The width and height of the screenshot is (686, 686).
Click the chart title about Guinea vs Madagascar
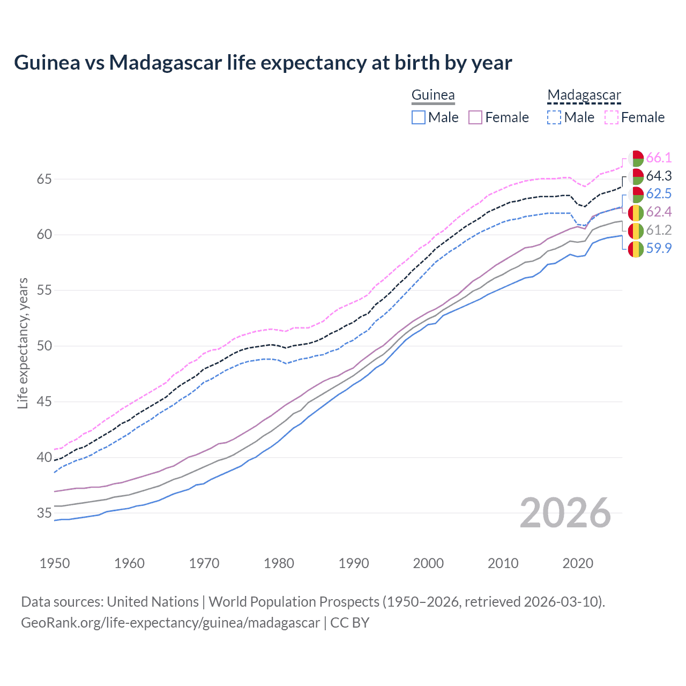pos(263,63)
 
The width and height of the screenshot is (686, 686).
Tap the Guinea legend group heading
pos(433,95)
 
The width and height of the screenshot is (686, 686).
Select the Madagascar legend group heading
pos(584,95)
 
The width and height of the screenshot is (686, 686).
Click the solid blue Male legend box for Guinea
pos(419,117)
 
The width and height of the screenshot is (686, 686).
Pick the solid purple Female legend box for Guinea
pos(475,117)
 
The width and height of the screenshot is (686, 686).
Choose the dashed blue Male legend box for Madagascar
pos(554,117)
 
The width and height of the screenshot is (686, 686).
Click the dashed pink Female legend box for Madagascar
pos(612,117)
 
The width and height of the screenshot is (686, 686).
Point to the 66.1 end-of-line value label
pos(659,158)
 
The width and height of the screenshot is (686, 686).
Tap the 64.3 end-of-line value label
pos(659,176)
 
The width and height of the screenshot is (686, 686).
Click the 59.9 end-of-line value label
pos(659,248)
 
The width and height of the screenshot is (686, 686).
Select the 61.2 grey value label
pos(659,230)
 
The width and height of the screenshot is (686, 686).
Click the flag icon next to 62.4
pos(636,212)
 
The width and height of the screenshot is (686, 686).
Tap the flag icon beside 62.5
pos(636,194)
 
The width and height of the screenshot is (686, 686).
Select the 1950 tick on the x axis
pos(55,563)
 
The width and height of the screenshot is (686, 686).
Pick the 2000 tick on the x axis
pos(428,563)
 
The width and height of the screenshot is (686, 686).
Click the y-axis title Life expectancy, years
pos(23,343)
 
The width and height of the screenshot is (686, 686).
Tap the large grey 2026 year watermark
pos(565,513)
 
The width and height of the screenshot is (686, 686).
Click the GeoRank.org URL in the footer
pos(170,623)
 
